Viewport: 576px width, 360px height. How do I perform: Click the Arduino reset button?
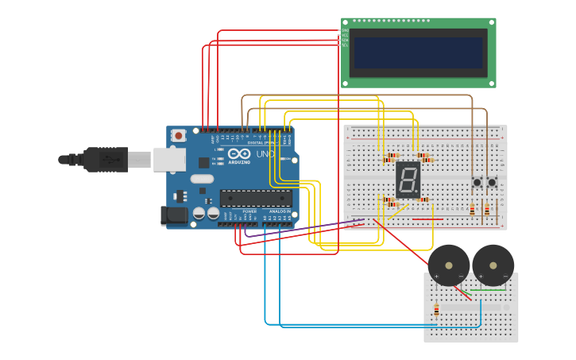pos(179,135)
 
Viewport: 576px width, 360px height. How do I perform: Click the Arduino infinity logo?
pos(239,153)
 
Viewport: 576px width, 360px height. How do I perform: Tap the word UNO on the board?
pos(265,154)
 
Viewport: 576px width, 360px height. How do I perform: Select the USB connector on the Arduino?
pos(168,160)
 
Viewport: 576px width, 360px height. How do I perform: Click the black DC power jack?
pos(173,215)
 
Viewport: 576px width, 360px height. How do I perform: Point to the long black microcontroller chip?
pos(255,198)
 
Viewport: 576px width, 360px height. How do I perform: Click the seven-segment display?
pos(408,180)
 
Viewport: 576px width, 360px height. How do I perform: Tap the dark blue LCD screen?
pos(419,53)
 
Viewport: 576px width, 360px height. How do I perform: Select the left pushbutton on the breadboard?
pos(477,183)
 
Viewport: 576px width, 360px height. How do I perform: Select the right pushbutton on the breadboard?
pos(492,183)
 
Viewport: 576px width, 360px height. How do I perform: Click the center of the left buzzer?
pos(449,265)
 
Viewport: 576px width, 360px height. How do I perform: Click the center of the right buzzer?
pos(493,265)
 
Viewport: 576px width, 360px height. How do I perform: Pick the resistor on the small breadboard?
pos(436,310)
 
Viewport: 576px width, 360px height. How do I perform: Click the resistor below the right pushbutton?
pos(487,210)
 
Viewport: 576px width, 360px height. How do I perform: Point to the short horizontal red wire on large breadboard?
pos(427,219)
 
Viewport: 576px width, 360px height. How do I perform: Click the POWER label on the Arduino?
pos(249,211)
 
